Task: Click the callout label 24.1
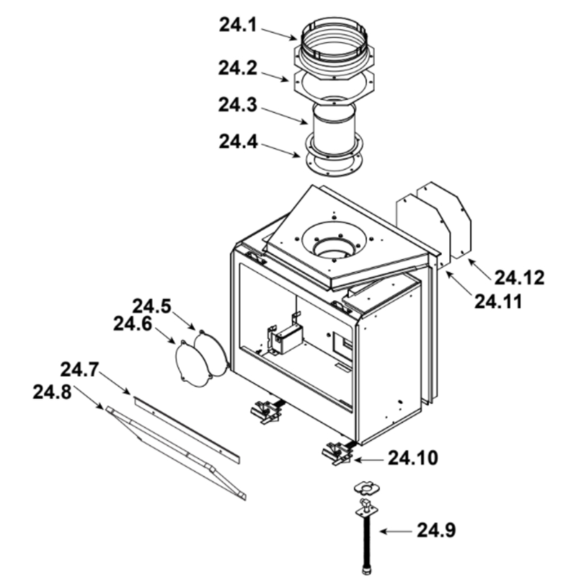pos(238,25)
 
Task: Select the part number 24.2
pos(238,68)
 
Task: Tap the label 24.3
pos(238,104)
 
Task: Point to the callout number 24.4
pos(238,142)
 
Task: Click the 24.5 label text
pos(152,307)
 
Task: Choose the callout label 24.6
pos(133,324)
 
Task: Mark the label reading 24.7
pos(79,370)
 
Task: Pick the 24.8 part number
pos(52,392)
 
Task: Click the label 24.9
pos(436,530)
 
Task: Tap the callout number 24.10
pos(413,458)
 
